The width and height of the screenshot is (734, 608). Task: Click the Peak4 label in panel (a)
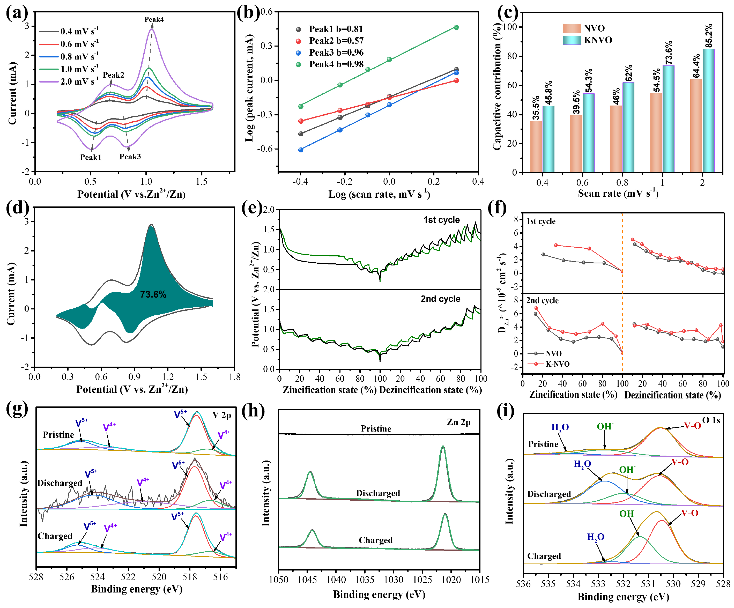pos(154,20)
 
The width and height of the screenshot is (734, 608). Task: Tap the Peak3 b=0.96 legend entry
pos(336,53)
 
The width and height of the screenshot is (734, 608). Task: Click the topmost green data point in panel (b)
pos(456,27)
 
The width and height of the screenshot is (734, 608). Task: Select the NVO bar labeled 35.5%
pos(536,146)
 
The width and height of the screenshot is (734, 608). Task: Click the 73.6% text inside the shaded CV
pos(153,295)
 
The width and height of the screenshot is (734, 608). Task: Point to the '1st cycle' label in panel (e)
pos(441,220)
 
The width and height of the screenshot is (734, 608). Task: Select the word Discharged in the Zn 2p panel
pos(378,493)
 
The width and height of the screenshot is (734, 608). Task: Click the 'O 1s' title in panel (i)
pos(711,420)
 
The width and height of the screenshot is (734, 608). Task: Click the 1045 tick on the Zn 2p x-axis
pos(307,580)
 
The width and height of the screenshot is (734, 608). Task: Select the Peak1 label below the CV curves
pos(91,157)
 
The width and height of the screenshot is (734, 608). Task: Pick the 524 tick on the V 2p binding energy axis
pos(98,577)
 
